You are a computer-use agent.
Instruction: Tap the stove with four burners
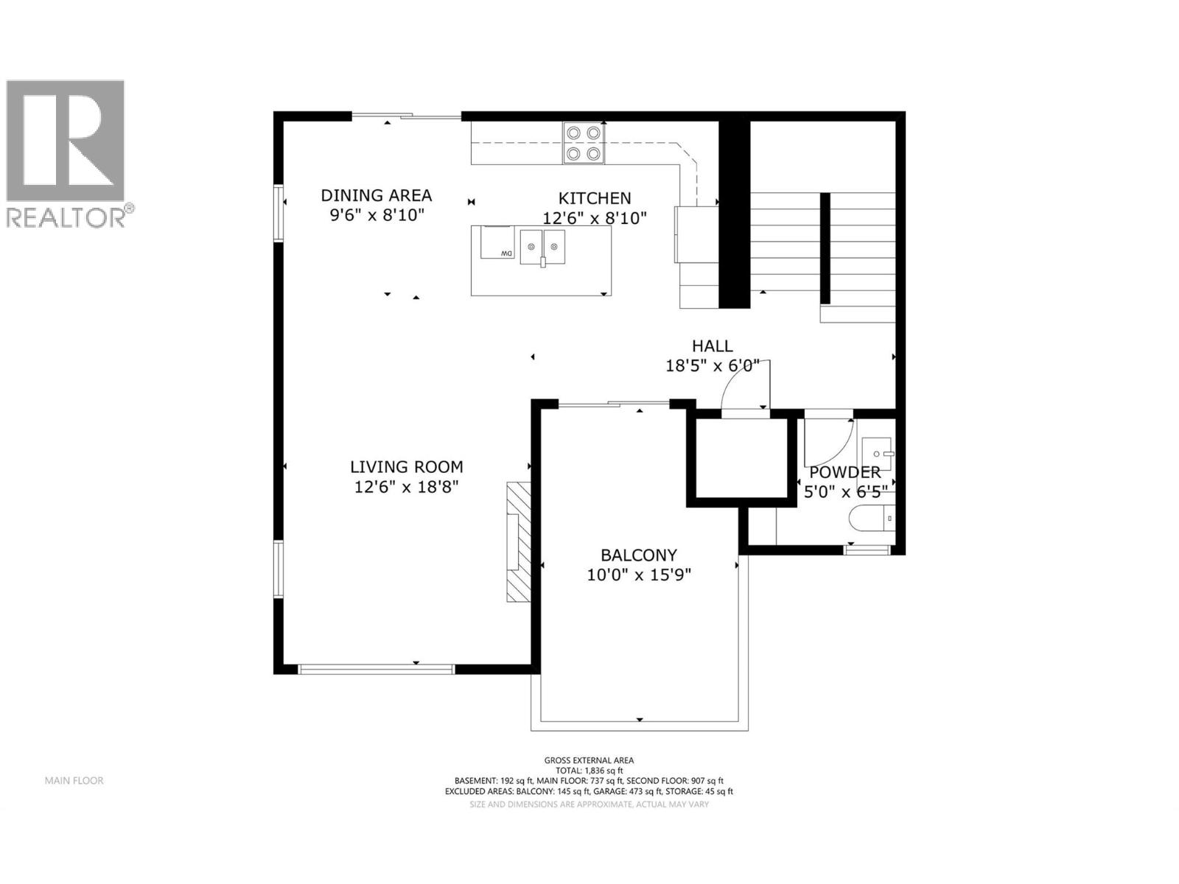(584, 143)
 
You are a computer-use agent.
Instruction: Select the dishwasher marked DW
(497, 242)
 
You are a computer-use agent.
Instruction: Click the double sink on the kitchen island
(542, 247)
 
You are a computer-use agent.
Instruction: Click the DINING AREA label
(376, 195)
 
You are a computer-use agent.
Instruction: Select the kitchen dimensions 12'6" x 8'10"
(594, 218)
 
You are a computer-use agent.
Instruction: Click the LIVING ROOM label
(406, 466)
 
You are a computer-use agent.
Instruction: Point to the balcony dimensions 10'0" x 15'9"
(638, 575)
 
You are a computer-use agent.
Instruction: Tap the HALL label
(712, 345)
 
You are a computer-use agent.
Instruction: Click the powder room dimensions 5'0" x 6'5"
(844, 491)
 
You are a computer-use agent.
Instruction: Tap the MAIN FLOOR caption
(74, 780)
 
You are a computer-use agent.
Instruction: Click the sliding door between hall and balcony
(613, 404)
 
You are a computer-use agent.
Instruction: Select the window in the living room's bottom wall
(376, 669)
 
